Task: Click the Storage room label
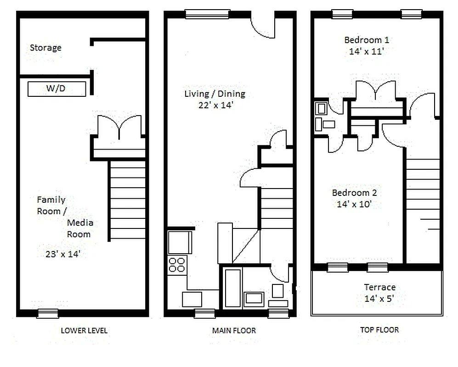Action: click(x=45, y=48)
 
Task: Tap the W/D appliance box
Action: click(x=57, y=89)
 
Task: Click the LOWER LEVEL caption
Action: click(x=84, y=330)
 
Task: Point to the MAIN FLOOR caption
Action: click(x=234, y=330)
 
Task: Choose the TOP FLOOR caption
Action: click(x=379, y=329)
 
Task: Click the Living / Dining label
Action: click(x=215, y=94)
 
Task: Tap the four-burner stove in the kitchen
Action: click(x=177, y=265)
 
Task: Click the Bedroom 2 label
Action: click(x=354, y=193)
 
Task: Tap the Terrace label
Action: click(x=379, y=287)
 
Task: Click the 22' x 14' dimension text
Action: click(x=215, y=106)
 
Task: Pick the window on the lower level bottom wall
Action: click(x=48, y=314)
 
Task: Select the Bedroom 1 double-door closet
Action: click(x=376, y=94)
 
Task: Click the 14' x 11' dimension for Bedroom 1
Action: click(x=367, y=51)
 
